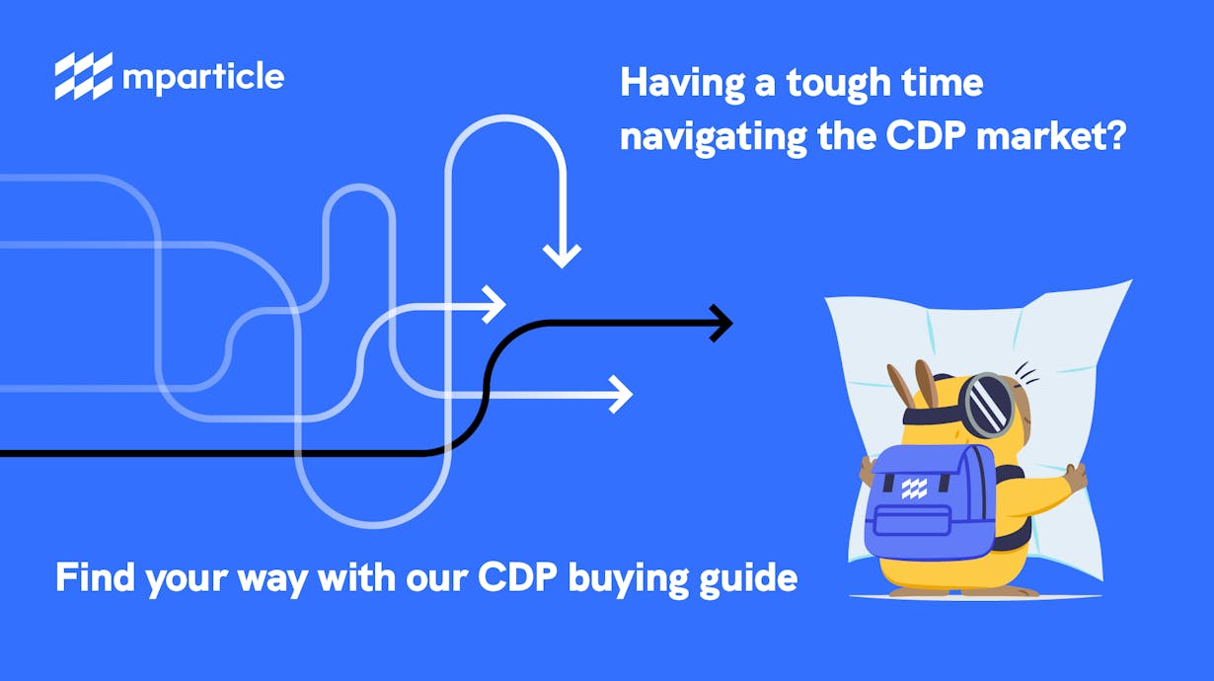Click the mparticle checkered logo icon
[84, 76]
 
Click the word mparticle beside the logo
[203, 77]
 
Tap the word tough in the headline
[838, 85]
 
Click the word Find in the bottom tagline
[95, 577]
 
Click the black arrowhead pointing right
[721, 324]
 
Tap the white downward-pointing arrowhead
[562, 256]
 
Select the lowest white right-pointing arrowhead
[621, 395]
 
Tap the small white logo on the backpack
[914, 489]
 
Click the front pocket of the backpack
[913, 520]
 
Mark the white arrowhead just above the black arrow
[493, 304]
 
